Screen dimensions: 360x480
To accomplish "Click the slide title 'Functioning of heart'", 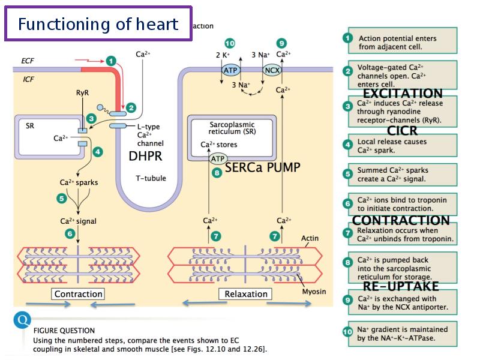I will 98,24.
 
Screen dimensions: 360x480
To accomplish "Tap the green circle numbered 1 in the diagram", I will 110,60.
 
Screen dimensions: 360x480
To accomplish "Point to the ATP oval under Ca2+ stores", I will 218,159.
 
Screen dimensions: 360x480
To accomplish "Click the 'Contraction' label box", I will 79,294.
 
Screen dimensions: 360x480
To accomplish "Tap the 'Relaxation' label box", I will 246,294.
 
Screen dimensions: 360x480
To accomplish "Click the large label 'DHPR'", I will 146,157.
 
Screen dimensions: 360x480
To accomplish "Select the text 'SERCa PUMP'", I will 262,167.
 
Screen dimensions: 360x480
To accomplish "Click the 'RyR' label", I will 82,94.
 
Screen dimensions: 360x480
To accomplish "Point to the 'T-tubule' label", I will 151,178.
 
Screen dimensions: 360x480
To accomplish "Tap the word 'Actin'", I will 310,239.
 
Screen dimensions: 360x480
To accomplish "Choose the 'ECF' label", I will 28,61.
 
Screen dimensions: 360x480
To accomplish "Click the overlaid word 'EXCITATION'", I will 403,94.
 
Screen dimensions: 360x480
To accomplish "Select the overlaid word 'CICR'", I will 402,131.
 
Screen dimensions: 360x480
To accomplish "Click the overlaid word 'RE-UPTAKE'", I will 401,286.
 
